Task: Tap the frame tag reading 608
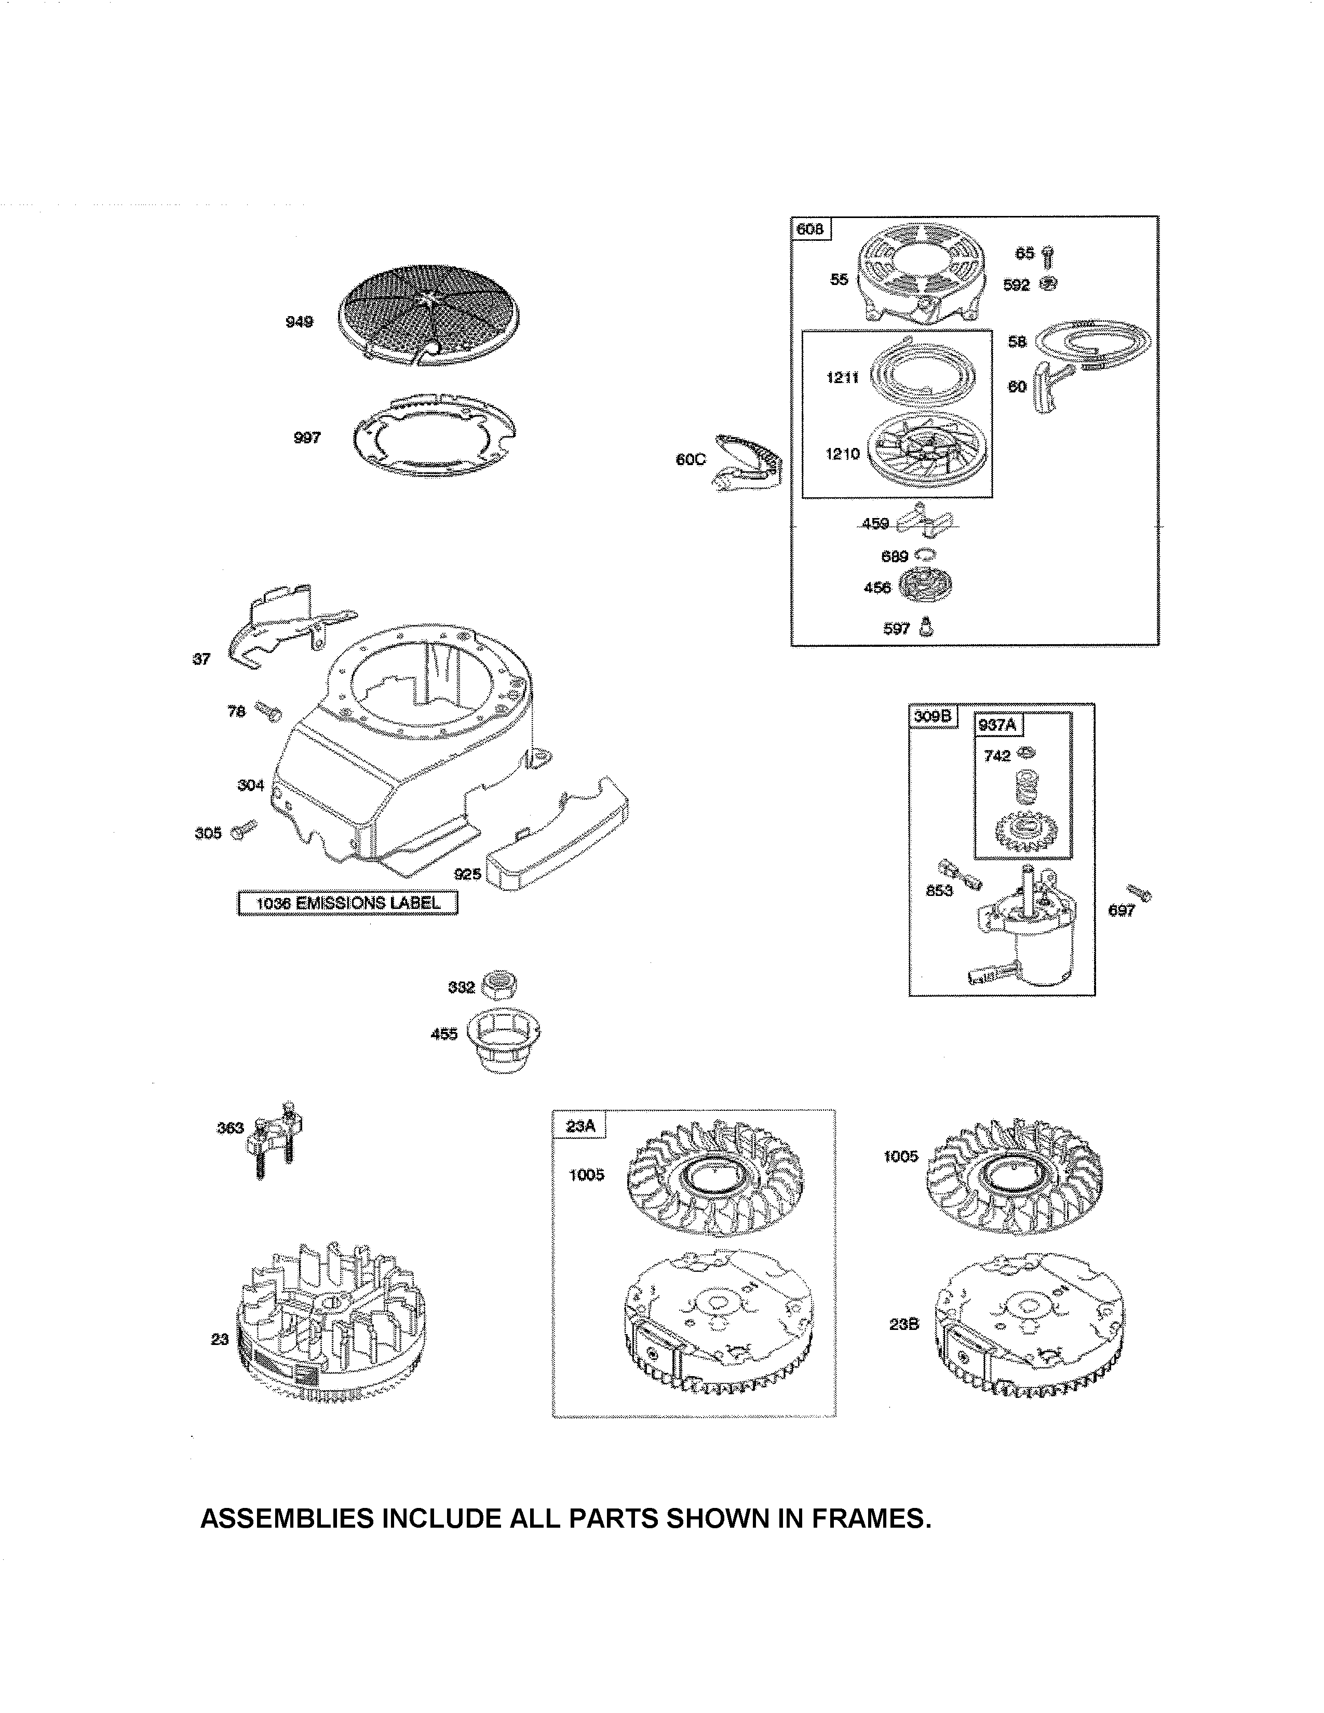coord(810,229)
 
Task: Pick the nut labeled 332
coord(499,984)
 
